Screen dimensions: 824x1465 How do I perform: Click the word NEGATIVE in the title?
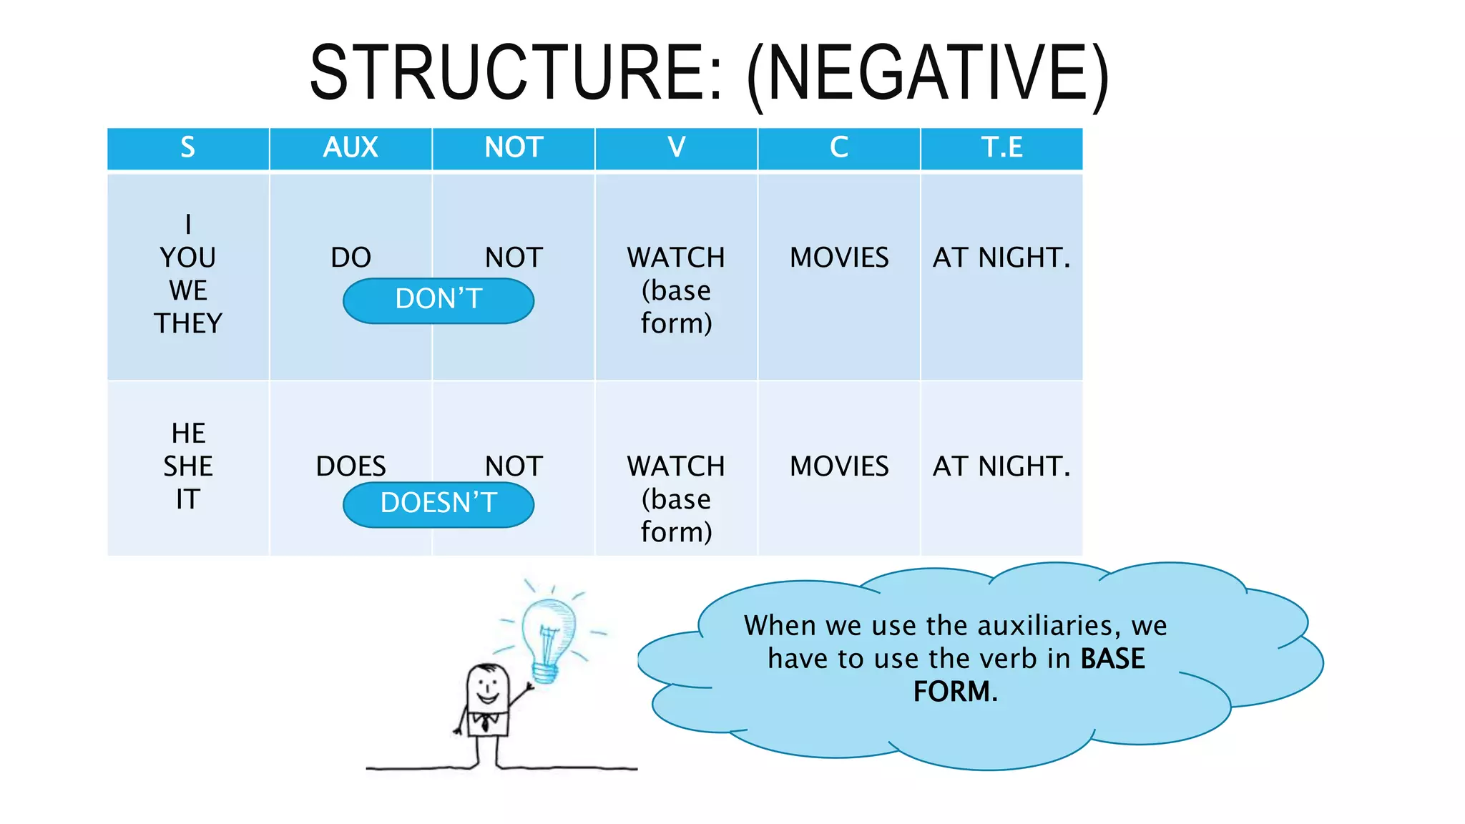coord(928,72)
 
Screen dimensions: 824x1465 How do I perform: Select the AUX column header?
coord(351,147)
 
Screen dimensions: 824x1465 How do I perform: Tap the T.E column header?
coord(1001,147)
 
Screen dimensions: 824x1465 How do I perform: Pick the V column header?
coord(676,147)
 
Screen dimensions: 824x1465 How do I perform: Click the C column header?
coord(838,147)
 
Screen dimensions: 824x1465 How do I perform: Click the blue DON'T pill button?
coord(438,300)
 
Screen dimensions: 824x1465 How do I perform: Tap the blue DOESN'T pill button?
coord(438,504)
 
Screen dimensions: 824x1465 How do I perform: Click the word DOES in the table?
coord(351,466)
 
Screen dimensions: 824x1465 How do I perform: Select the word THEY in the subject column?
coord(188,323)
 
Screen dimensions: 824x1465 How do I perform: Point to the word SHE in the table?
coord(188,466)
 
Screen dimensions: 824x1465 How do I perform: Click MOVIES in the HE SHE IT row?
coord(838,466)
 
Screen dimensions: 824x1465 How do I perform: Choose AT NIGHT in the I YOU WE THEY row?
coord(1001,257)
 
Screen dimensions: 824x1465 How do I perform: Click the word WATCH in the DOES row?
coord(676,466)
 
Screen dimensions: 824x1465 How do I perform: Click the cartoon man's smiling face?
coord(487,687)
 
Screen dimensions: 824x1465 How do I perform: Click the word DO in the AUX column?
coord(351,257)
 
